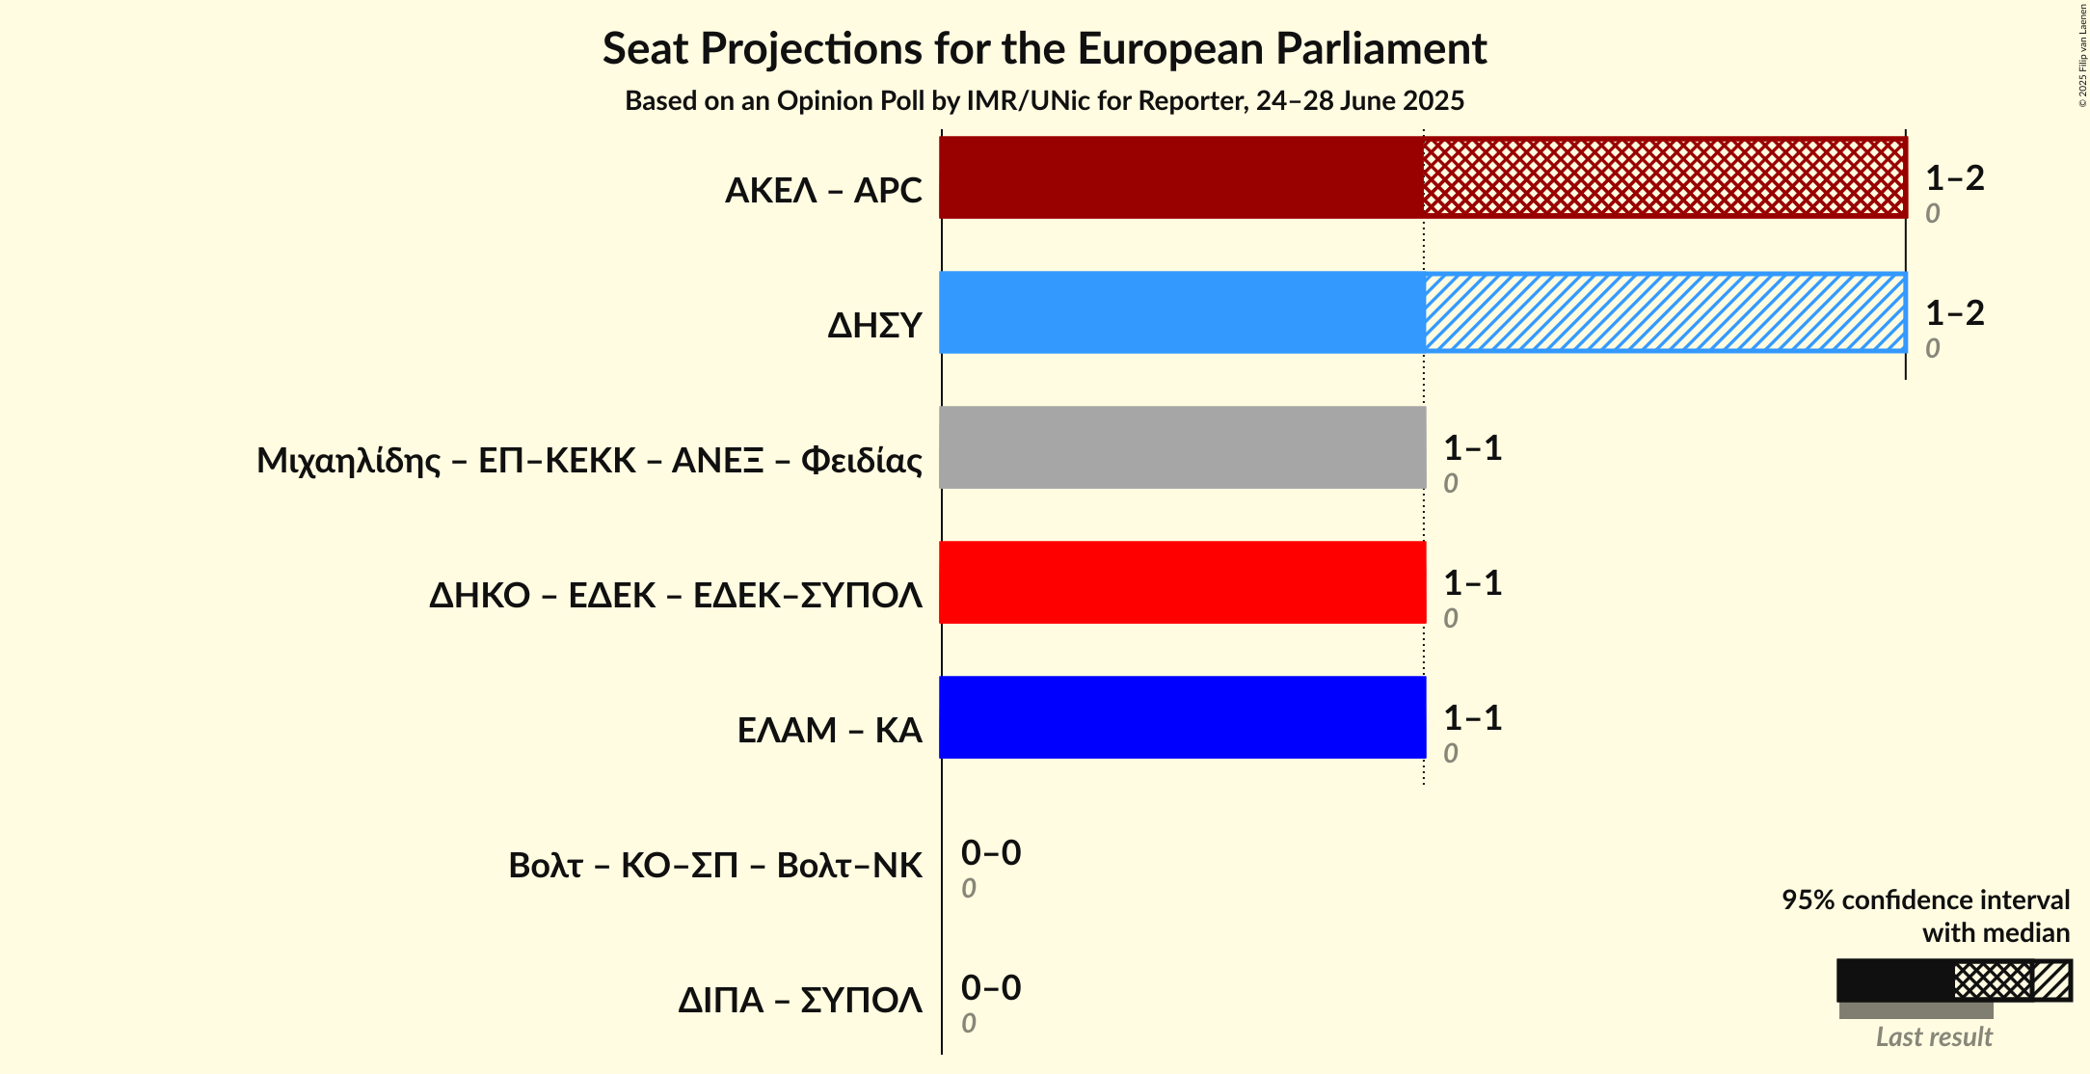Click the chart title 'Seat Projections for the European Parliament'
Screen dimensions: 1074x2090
pyautogui.click(x=1044, y=49)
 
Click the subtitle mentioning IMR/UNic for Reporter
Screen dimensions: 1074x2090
pyautogui.click(x=1044, y=101)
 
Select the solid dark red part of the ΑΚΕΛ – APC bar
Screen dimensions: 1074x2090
pyautogui.click(x=1181, y=177)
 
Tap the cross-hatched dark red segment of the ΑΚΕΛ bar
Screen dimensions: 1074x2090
pyautogui.click(x=1665, y=177)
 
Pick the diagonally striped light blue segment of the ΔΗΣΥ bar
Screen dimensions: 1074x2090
pyautogui.click(x=1665, y=312)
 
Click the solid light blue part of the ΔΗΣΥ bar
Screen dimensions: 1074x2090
pyautogui.click(x=1181, y=312)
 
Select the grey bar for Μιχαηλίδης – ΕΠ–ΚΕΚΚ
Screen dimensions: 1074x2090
pyautogui.click(x=1182, y=447)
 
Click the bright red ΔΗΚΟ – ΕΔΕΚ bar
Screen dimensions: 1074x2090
pyautogui.click(x=1182, y=582)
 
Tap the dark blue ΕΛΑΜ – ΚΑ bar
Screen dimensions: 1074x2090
pyautogui.click(x=1182, y=717)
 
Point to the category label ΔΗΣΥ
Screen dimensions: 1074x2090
pyautogui.click(x=874, y=326)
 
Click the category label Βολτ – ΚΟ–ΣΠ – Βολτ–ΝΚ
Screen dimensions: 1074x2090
pyautogui.click(x=714, y=866)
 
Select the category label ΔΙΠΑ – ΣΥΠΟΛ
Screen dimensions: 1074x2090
pyautogui.click(x=799, y=1001)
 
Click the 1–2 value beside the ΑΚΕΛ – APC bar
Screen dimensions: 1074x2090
pyautogui.click(x=1954, y=178)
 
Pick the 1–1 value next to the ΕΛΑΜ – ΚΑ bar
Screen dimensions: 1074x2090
pyautogui.click(x=1472, y=718)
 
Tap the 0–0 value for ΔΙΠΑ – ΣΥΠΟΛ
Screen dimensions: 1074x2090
pyautogui.click(x=990, y=988)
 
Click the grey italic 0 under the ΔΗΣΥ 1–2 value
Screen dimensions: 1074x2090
pyautogui.click(x=1932, y=348)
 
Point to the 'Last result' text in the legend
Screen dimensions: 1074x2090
pyautogui.click(x=1933, y=1037)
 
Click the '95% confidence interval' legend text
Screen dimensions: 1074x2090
pyautogui.click(x=1924, y=900)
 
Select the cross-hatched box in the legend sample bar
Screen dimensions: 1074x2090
pyautogui.click(x=1992, y=981)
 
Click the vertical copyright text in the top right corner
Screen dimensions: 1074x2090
pyautogui.click(x=2082, y=55)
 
